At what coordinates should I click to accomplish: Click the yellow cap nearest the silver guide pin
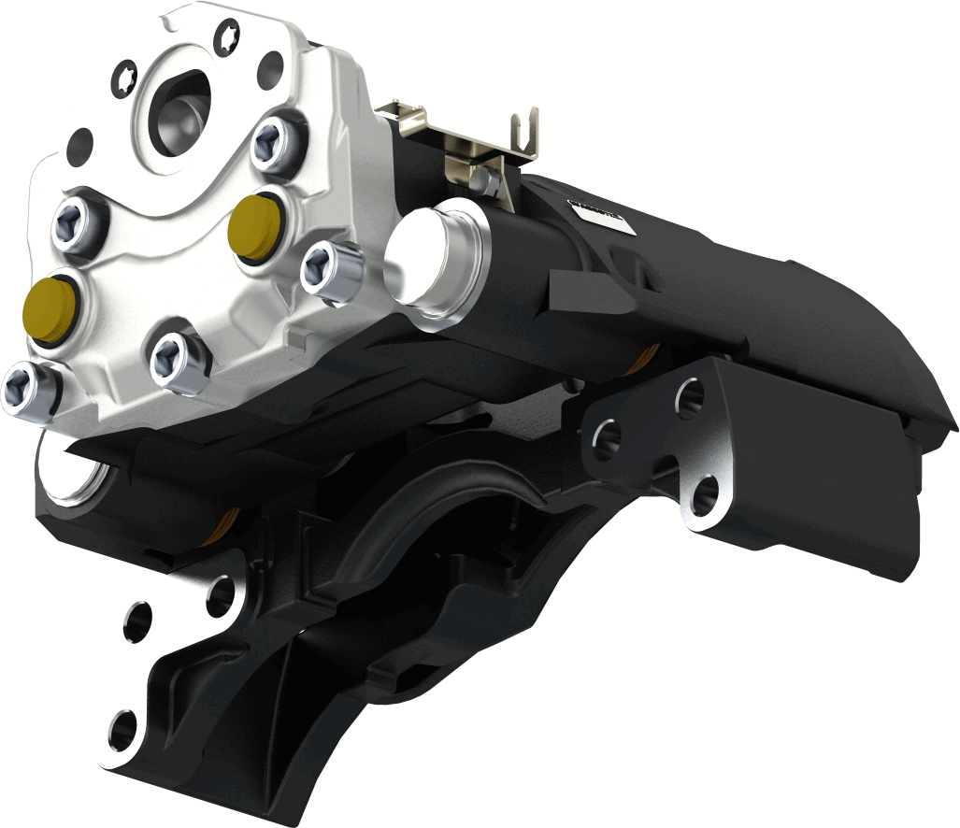tap(254, 225)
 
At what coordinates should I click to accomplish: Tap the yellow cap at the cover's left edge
tap(50, 307)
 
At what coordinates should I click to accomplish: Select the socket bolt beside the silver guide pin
tap(331, 270)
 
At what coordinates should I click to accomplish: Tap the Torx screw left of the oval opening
tap(124, 80)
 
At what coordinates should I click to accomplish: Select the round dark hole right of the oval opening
tap(270, 67)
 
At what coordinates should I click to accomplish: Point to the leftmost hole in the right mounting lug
tap(606, 437)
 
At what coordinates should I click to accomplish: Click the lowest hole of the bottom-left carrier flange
tap(122, 730)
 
